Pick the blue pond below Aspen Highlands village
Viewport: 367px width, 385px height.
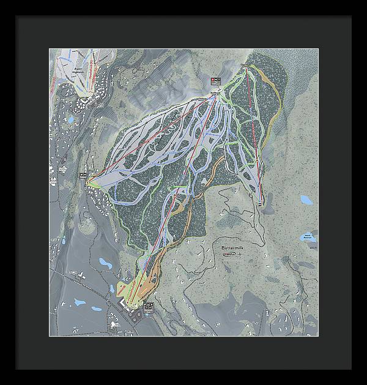[x=70, y=120]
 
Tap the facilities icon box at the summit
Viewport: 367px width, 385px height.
[x=214, y=81]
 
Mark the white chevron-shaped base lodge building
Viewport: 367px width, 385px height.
[x=125, y=302]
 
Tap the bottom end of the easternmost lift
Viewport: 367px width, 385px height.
[x=262, y=204]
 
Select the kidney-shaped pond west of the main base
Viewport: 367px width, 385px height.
[x=80, y=302]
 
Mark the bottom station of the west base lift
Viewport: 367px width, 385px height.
[x=89, y=181]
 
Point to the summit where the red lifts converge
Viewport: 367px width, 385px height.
[x=215, y=92]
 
